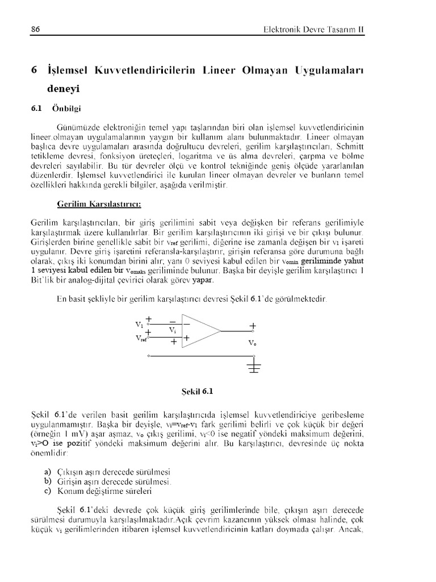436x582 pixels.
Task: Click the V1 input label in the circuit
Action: [x=140, y=324]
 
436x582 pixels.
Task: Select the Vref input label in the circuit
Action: [x=141, y=338]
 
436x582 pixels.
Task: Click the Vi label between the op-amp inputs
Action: [x=173, y=330]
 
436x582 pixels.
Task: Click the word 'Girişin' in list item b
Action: [x=70, y=481]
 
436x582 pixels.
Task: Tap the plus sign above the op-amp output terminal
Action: [x=253, y=326]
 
